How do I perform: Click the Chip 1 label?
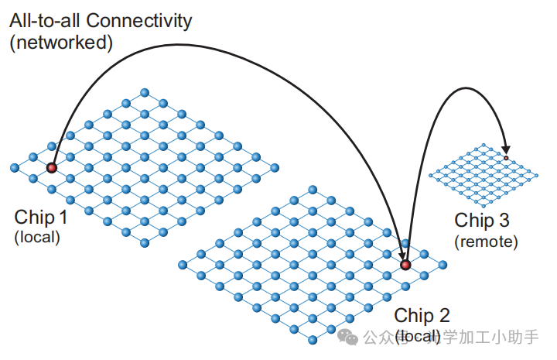(x=40, y=218)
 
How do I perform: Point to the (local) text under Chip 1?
(x=36, y=237)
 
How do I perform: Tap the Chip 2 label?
(x=422, y=316)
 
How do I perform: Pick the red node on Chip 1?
(x=52, y=167)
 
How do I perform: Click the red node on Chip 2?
(x=405, y=266)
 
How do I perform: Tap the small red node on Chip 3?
(x=506, y=158)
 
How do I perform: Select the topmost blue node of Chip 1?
(x=145, y=93)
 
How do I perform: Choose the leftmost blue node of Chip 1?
(x=14, y=167)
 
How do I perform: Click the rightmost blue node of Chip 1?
(x=275, y=167)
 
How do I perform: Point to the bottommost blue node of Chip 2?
(x=313, y=341)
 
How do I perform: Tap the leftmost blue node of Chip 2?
(x=183, y=265)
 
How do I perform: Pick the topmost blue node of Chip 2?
(x=313, y=190)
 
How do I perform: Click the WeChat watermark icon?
(x=350, y=338)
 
